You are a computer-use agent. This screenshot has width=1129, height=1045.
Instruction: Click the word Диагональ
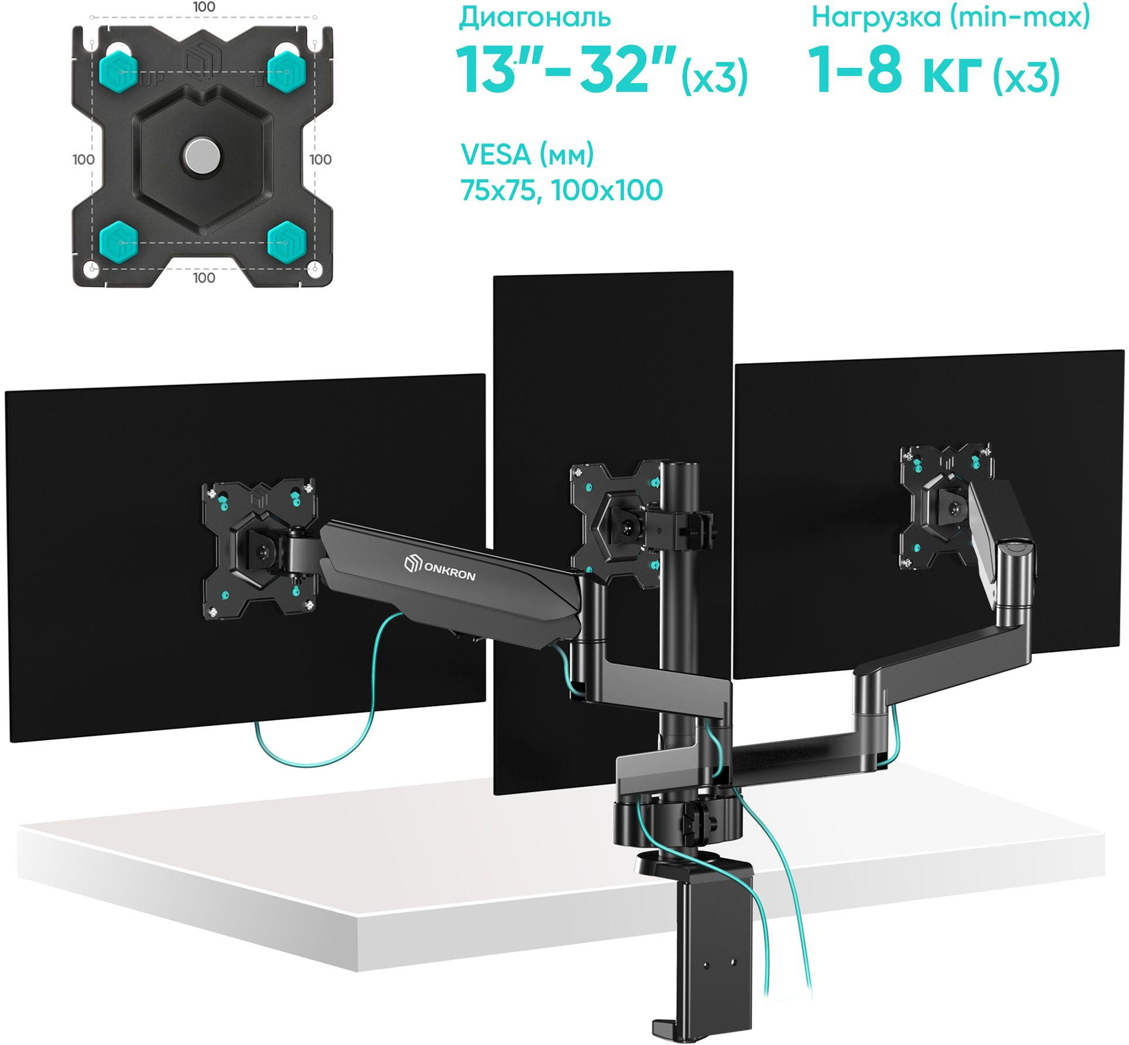click(535, 18)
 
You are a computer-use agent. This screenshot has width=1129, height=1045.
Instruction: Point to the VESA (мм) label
click(527, 155)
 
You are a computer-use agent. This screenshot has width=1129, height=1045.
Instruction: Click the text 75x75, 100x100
click(562, 190)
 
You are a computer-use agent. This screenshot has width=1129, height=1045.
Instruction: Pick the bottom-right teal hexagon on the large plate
click(287, 241)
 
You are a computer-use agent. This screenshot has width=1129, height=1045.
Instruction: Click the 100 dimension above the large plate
click(204, 7)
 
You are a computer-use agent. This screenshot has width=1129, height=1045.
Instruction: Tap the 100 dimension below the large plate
click(204, 278)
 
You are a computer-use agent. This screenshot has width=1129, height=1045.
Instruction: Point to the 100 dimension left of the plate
click(83, 159)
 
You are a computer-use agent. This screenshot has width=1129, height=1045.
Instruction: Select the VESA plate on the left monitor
click(259, 549)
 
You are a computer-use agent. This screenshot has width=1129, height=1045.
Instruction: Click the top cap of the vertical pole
click(679, 466)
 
